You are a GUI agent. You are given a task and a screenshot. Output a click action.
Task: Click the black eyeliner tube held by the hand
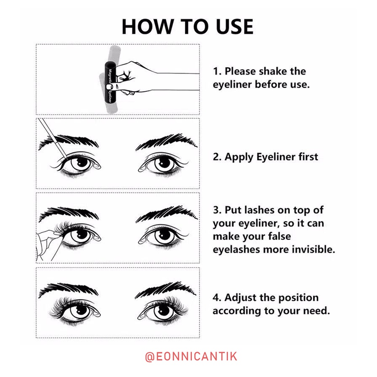tap(110, 83)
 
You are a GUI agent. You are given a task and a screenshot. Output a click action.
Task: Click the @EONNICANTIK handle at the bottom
tap(191, 356)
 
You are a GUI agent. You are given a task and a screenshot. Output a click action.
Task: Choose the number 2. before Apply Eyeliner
tap(217, 157)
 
